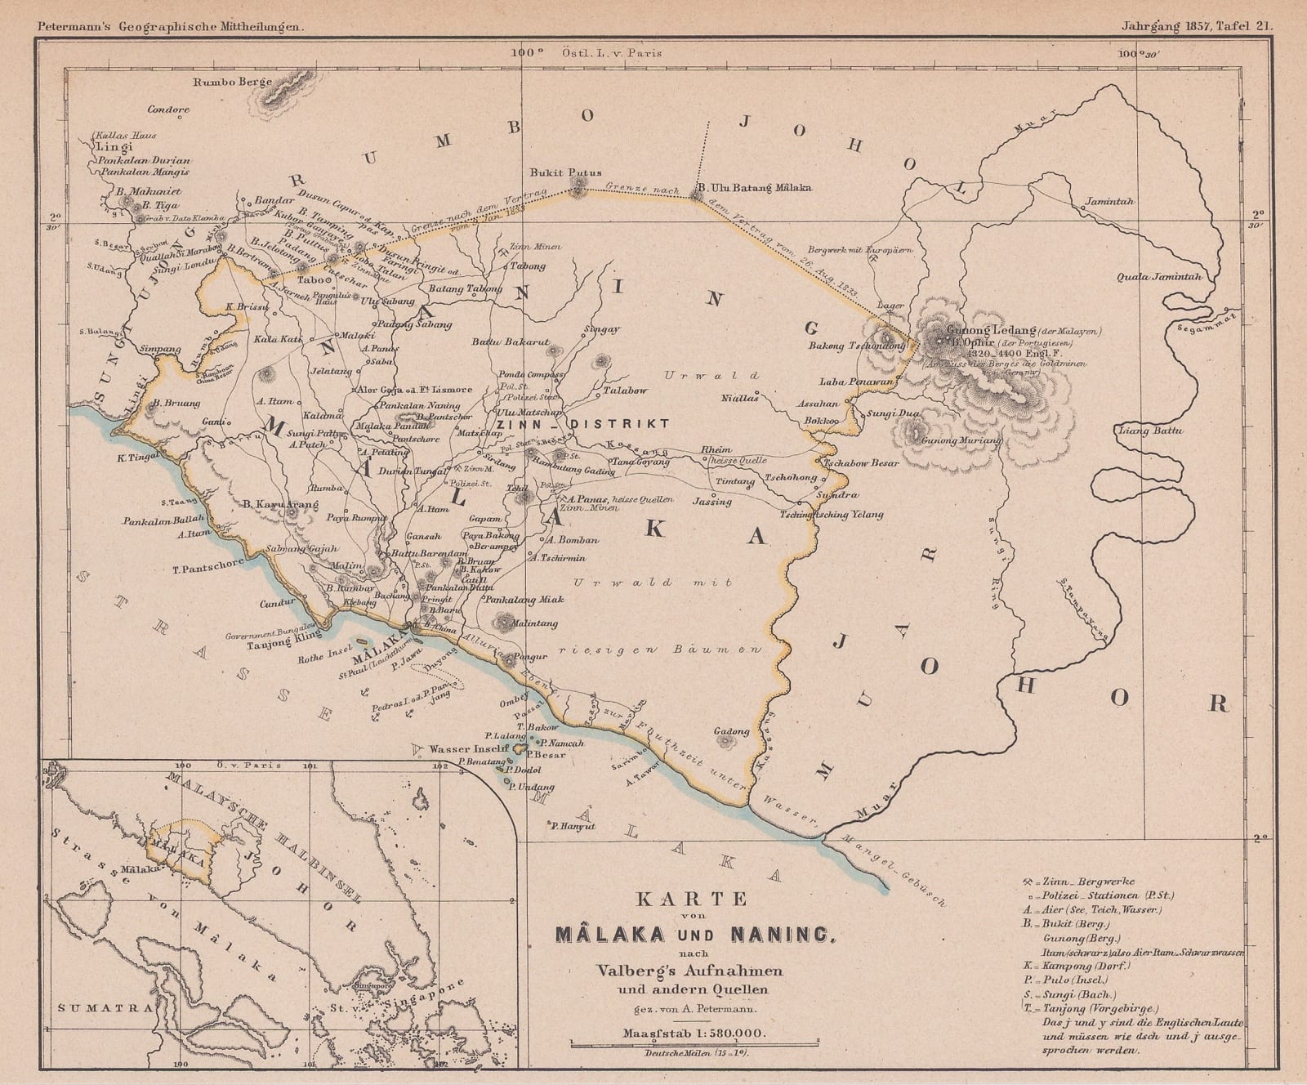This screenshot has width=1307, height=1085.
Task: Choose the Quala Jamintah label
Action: coord(1159,277)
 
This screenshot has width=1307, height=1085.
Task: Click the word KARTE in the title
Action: coord(692,899)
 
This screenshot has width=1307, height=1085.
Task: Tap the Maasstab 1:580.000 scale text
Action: coord(694,1033)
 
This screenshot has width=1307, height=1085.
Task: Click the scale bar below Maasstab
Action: coord(694,1045)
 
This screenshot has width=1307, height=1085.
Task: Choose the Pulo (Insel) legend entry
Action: coord(1065,980)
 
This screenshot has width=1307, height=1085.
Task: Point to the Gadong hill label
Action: coord(731,731)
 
